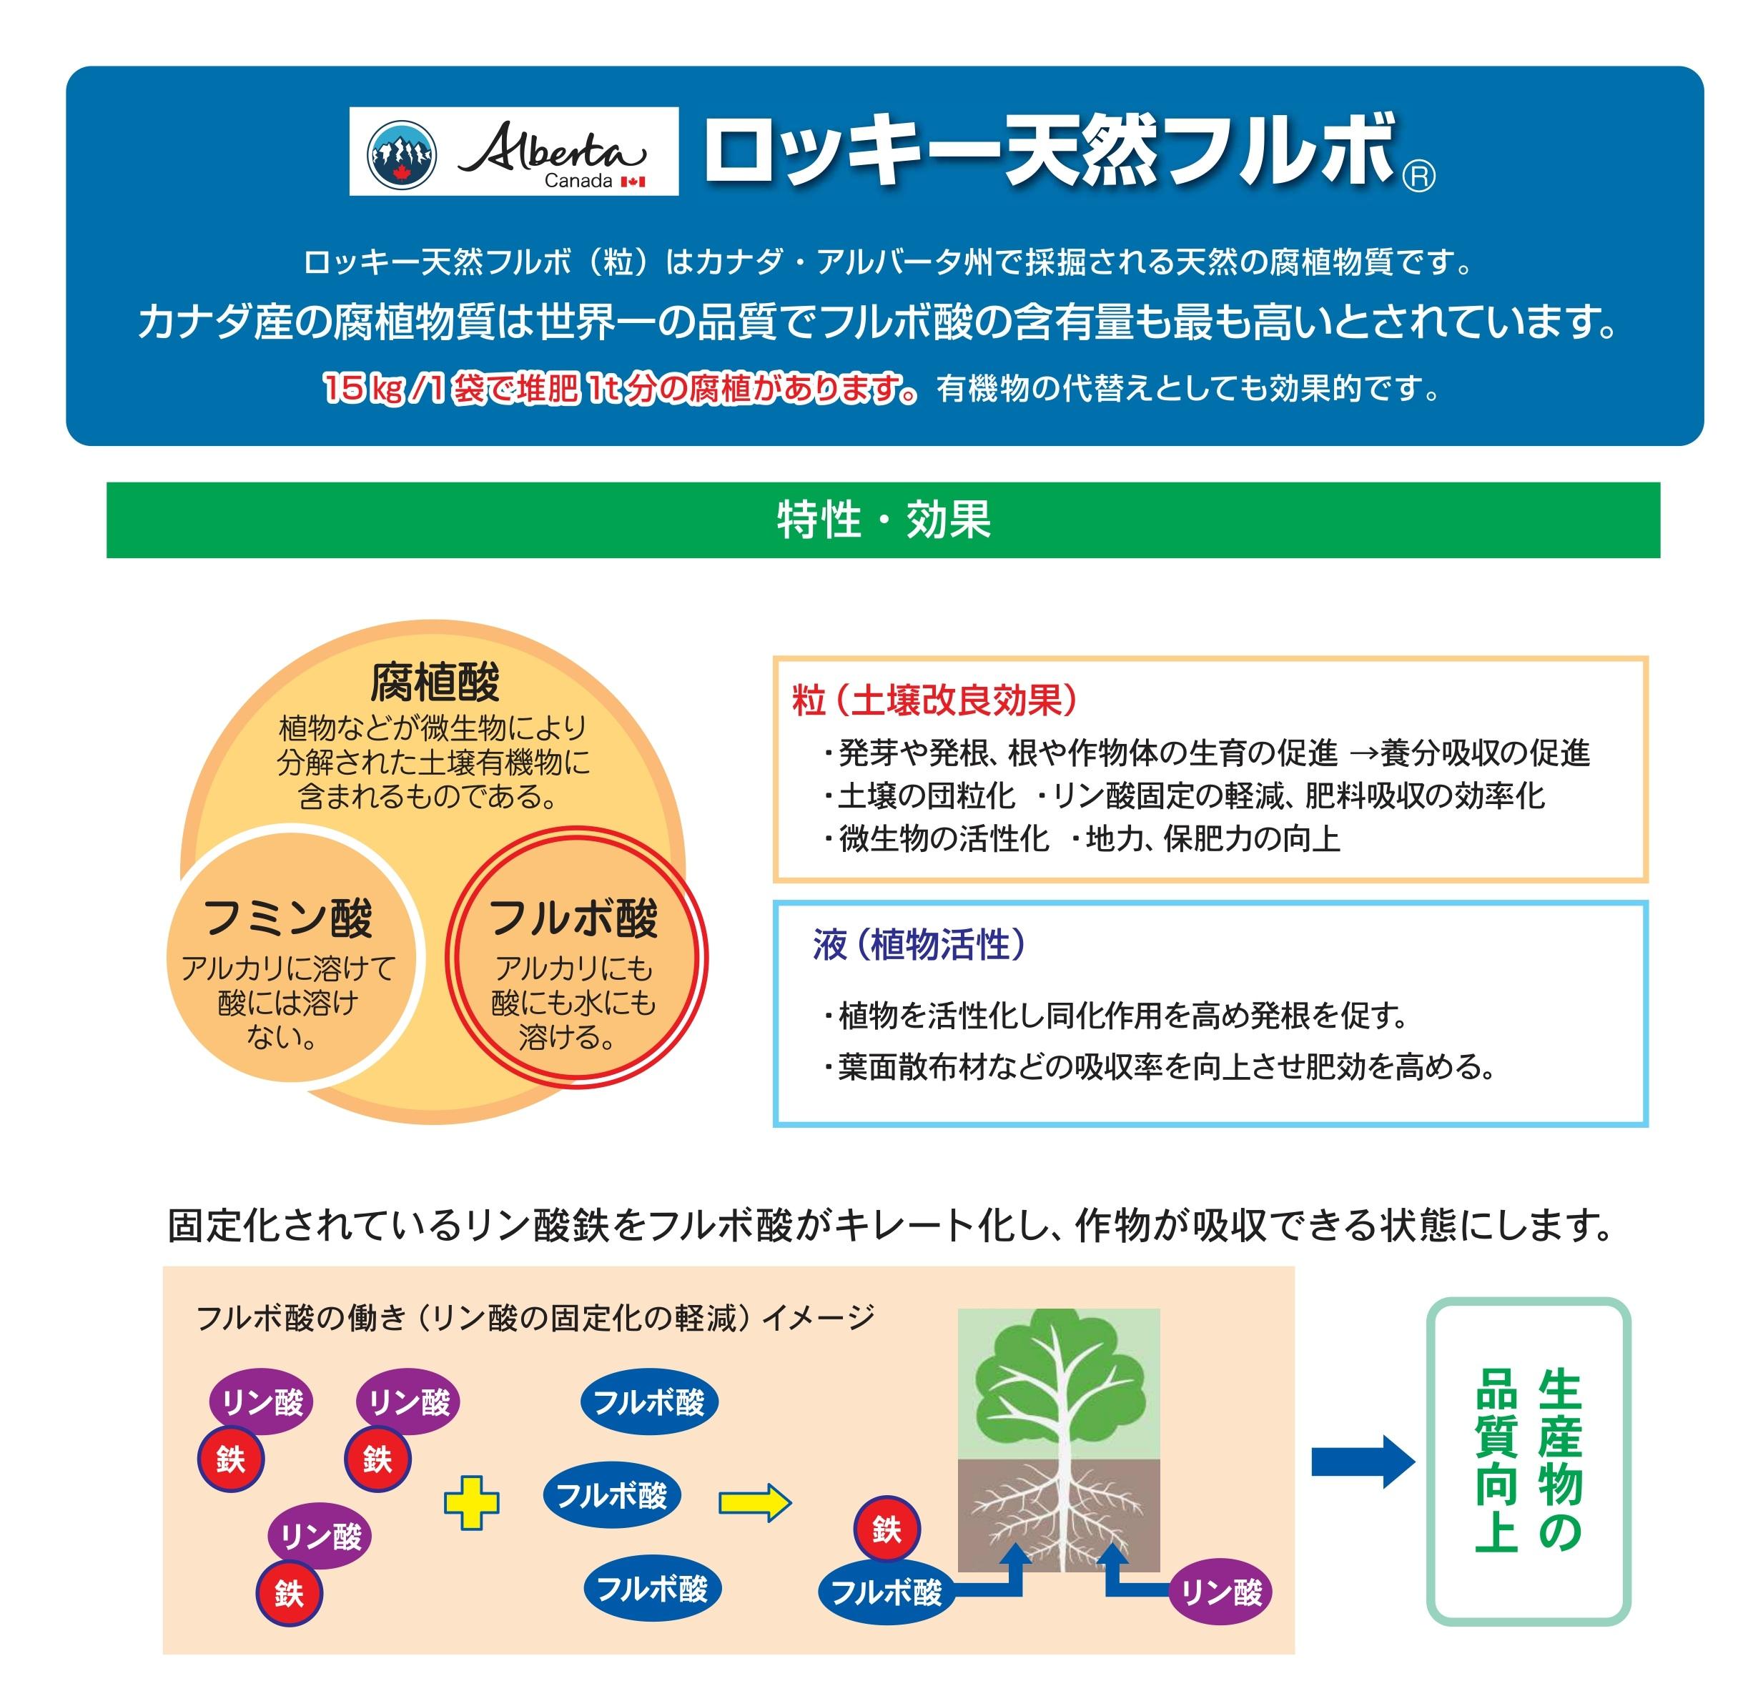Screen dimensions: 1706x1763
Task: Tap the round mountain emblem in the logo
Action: (402, 154)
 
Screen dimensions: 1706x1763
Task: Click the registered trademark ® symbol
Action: (1418, 177)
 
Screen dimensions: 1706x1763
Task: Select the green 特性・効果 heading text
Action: (884, 520)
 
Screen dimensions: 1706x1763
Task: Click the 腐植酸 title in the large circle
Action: (435, 683)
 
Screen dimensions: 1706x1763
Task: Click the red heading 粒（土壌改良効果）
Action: (934, 700)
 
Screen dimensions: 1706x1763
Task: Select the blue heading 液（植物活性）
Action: (919, 945)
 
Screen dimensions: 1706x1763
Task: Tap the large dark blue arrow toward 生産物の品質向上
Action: (1362, 1462)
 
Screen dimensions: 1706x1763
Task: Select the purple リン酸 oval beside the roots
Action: (1220, 1592)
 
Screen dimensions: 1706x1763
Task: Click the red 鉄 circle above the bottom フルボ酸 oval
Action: (886, 1529)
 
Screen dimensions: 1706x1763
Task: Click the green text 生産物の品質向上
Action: (1529, 1462)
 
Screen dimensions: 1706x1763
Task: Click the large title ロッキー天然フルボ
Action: (1048, 151)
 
